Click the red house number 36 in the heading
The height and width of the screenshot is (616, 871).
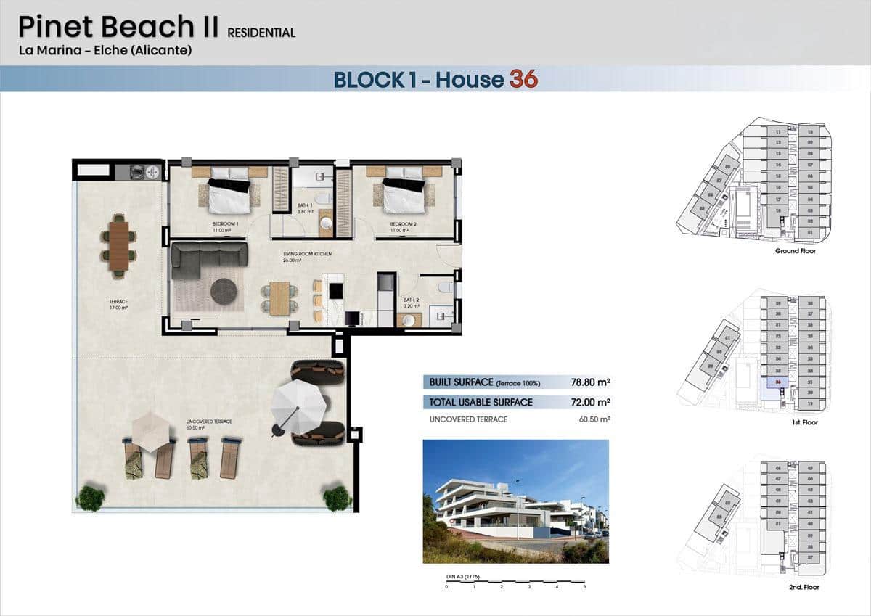(523, 78)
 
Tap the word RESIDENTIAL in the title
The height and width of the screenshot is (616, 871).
(261, 33)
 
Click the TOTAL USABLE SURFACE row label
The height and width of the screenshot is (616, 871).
(481, 402)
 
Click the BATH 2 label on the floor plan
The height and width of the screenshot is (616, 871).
(411, 300)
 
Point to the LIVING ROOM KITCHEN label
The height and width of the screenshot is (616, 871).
(307, 254)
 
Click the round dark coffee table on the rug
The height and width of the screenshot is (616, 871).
(224, 292)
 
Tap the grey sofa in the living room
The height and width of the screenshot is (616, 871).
(208, 260)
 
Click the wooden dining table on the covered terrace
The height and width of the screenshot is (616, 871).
(119, 245)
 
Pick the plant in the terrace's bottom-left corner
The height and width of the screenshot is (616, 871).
(90, 498)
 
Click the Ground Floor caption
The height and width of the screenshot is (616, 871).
(795, 251)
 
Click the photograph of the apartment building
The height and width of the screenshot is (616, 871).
(515, 501)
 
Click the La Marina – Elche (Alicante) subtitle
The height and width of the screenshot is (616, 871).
(105, 51)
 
